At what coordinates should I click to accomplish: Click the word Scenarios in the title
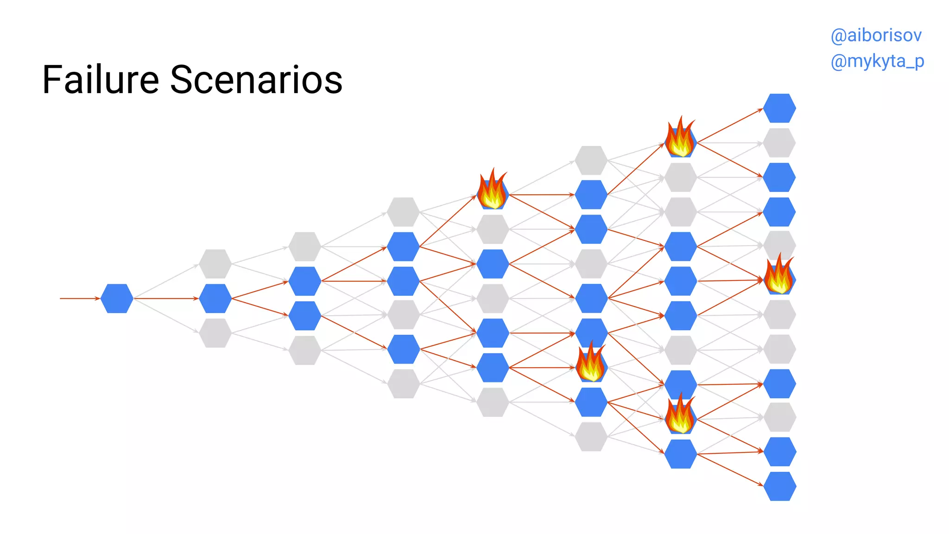(256, 80)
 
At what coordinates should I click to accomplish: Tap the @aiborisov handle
(876, 35)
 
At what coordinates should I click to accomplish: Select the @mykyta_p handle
(877, 61)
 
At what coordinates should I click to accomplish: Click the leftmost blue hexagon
(117, 299)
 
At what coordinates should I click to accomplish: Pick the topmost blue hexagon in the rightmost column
(779, 108)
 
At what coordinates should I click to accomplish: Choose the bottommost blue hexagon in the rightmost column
(780, 486)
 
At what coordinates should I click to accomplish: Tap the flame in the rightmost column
(779, 275)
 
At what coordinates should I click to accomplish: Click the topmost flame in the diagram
(680, 137)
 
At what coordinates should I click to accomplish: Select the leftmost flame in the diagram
(493, 189)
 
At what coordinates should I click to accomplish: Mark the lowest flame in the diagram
(680, 413)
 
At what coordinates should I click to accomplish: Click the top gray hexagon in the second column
(215, 264)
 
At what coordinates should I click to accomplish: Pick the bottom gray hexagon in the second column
(215, 333)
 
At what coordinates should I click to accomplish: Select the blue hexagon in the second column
(215, 299)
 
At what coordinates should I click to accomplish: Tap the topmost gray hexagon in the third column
(304, 247)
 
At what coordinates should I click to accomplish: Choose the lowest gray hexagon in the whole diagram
(591, 437)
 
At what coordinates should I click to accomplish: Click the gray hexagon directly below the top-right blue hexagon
(779, 143)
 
